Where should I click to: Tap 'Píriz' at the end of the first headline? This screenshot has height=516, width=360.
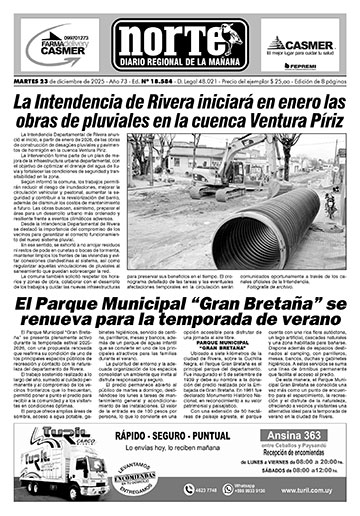pyautogui.click(x=316, y=126)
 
